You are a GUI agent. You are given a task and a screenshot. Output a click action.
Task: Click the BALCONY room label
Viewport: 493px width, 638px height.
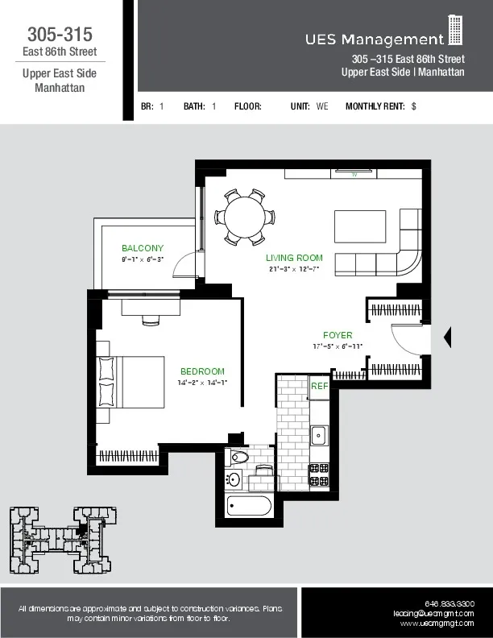coord(143,248)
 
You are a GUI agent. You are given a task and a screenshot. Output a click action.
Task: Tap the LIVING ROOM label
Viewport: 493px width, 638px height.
coord(294,258)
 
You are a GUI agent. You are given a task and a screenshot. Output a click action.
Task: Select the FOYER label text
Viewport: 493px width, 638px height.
coord(338,335)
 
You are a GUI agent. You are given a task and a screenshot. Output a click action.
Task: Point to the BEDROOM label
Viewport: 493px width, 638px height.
coord(202,371)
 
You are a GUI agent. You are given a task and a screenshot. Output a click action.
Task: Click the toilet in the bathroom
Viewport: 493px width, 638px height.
coord(239,458)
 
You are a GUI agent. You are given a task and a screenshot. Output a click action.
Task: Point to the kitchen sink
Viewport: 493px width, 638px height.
coord(319,436)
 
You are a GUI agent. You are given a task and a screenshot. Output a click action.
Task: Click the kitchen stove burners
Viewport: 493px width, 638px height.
coord(319,474)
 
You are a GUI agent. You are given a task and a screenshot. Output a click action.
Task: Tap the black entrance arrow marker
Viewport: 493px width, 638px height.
coord(448,337)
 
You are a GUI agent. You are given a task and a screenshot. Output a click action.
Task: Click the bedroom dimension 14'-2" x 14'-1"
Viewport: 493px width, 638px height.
coord(202,383)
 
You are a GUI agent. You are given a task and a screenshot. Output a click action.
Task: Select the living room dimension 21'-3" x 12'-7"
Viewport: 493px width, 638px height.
coord(294,269)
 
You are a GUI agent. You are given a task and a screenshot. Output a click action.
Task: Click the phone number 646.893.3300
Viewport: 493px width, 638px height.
coord(449,603)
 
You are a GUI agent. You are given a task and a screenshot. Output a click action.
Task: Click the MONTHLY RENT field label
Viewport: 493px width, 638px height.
coord(375,106)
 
